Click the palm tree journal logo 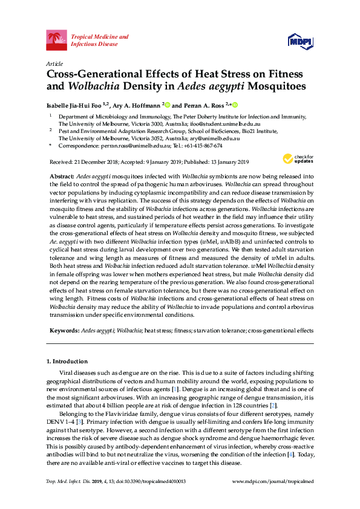pos(56,41)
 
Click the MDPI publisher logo pos(300,41)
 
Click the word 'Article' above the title pos(54,63)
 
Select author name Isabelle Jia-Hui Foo pos(75,104)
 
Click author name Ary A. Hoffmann pos(138,104)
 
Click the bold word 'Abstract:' pos(62,175)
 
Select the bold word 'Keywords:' pos(64,332)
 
